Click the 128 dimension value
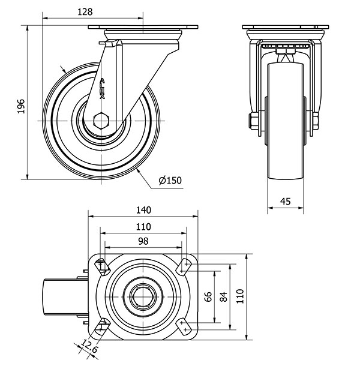click(x=85, y=12)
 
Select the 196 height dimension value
click(x=21, y=106)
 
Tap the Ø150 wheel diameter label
click(x=170, y=181)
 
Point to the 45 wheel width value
click(x=285, y=201)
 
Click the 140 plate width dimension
click(x=143, y=211)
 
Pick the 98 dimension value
click(x=143, y=241)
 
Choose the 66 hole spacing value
click(x=208, y=296)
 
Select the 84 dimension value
click(x=223, y=296)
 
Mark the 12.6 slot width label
click(x=89, y=346)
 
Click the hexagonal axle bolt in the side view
click(x=101, y=121)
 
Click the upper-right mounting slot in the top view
click(x=184, y=266)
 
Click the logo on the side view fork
click(x=102, y=88)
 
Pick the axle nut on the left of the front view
click(x=253, y=121)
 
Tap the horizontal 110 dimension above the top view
click(x=143, y=227)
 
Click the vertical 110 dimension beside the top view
click(x=240, y=296)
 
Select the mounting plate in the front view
click(x=285, y=27)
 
